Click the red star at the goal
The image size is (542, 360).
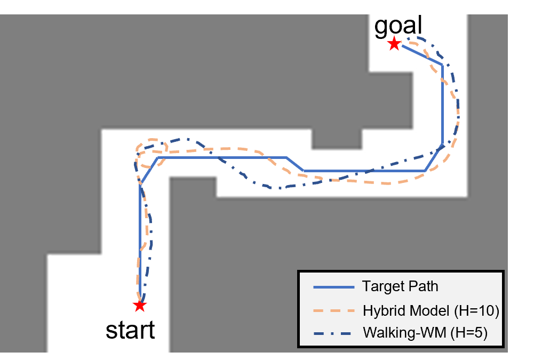(394, 44)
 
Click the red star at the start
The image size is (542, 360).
(139, 306)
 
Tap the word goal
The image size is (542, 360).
(398, 26)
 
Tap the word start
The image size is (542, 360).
(130, 330)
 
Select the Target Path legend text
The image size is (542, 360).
(400, 286)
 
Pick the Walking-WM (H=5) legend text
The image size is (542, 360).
(425, 333)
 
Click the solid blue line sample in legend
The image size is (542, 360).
(333, 287)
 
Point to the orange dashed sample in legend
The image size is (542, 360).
(333, 310)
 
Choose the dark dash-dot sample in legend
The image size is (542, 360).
(333, 333)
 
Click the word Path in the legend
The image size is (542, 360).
(423, 286)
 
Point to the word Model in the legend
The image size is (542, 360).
(424, 310)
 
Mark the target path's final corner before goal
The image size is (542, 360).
(442, 65)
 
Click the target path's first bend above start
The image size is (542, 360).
(140, 184)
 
